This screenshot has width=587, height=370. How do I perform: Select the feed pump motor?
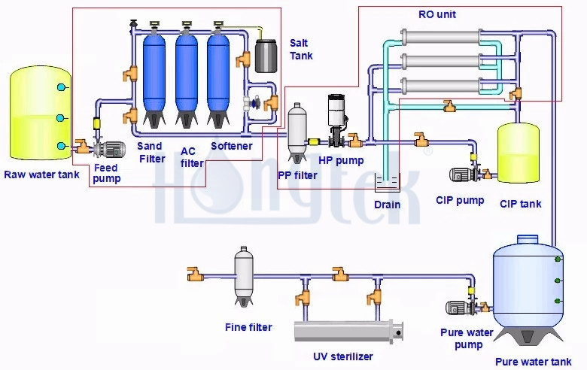coord(113,149)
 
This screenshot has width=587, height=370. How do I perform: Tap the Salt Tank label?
coord(301,48)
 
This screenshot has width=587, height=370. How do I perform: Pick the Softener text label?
coord(231,146)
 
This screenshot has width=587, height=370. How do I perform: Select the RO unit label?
coord(436,14)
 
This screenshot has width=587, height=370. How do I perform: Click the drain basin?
coord(387,183)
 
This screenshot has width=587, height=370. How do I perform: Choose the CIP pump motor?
coord(461,175)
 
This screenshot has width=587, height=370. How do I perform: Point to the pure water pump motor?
coord(459,308)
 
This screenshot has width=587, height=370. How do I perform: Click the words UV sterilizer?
coord(342,356)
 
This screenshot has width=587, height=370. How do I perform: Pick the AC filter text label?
coord(192,157)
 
